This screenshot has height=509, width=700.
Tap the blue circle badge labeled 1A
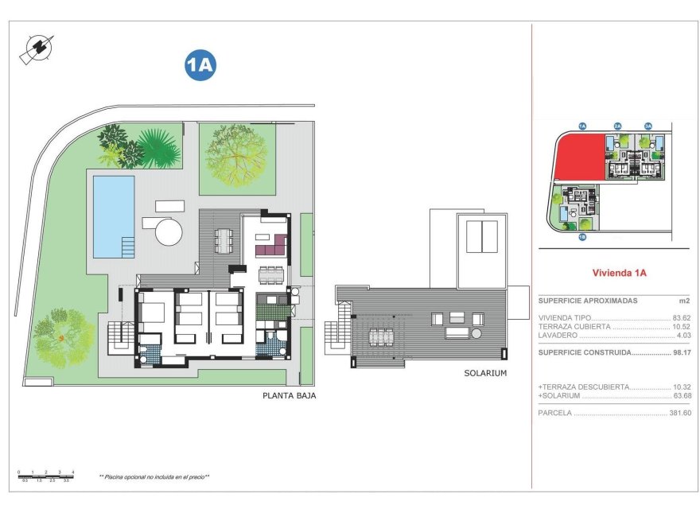coord(200,66)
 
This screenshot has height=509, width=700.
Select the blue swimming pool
coord(113,216)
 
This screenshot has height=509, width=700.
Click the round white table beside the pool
coord(169,232)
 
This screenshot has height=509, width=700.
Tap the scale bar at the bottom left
coord(46,475)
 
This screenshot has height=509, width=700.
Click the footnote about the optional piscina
coord(154,476)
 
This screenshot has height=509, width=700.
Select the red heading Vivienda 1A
coord(620,273)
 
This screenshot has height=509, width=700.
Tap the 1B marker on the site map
coord(582,236)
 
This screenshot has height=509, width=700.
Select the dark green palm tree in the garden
coord(157,148)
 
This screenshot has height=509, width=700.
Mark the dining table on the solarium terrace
coord(382,336)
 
